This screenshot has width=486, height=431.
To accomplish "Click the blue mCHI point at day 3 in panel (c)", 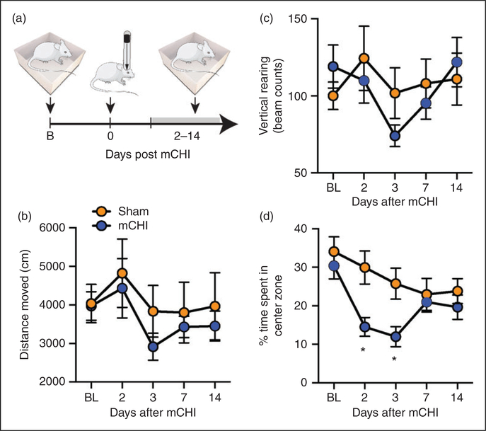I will pyautogui.click(x=395, y=136).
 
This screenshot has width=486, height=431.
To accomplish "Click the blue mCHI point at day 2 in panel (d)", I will pyautogui.click(x=364, y=327).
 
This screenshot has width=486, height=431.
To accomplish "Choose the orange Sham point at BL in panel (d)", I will pyautogui.click(x=332, y=252).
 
